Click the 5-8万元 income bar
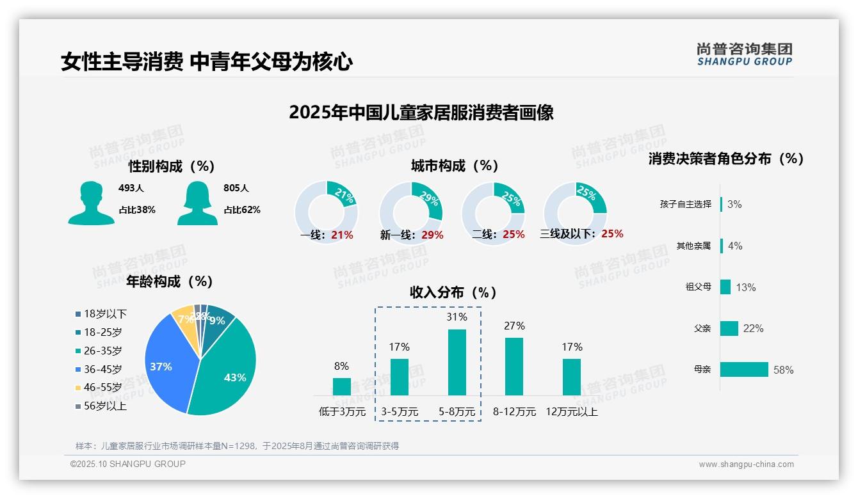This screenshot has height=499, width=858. click(x=457, y=362)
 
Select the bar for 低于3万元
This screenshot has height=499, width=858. click(x=341, y=386)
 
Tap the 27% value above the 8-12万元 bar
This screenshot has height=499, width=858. click(x=514, y=326)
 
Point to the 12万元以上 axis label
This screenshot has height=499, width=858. click(x=572, y=412)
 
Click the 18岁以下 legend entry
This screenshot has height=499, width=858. click(x=101, y=314)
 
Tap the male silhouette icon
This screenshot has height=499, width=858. click(x=91, y=203)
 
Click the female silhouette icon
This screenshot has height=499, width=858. click(x=197, y=203)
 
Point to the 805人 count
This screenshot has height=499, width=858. click(x=236, y=189)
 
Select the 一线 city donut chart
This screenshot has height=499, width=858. click(x=326, y=212)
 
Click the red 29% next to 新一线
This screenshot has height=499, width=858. click(x=433, y=235)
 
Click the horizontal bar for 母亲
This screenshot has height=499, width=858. click(x=744, y=370)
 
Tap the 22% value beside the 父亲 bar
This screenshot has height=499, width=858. click(x=754, y=329)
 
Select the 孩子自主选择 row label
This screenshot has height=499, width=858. click(x=685, y=205)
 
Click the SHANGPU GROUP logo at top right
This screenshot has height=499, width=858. click(x=744, y=54)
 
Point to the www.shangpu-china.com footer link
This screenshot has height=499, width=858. click(x=746, y=464)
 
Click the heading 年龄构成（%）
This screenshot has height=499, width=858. click(x=170, y=281)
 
